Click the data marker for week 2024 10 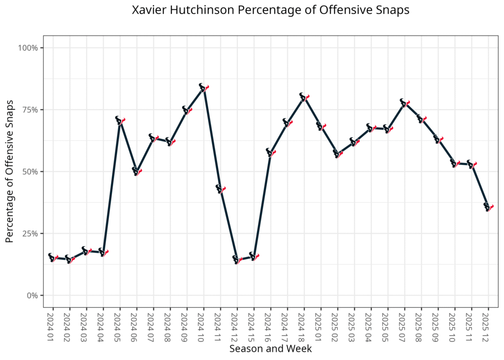pyautogui.click(x=203, y=88)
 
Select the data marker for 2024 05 pyautogui.click(x=120, y=120)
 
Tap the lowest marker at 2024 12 pyautogui.click(x=237, y=260)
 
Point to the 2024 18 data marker pyautogui.click(x=304, y=97)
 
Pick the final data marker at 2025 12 pyautogui.click(x=488, y=207)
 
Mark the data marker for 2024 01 pyautogui.click(x=53, y=258)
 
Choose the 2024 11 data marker pyautogui.click(x=220, y=189)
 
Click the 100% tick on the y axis pyautogui.click(x=29, y=48)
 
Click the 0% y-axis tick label pyautogui.click(x=32, y=295)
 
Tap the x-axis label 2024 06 pyautogui.click(x=136, y=326)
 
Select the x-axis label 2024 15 pyautogui.click(x=253, y=326)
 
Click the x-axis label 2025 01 pyautogui.click(x=320, y=326)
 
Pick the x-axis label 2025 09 pyautogui.click(x=438, y=326)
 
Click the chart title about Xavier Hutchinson pyautogui.click(x=271, y=10)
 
